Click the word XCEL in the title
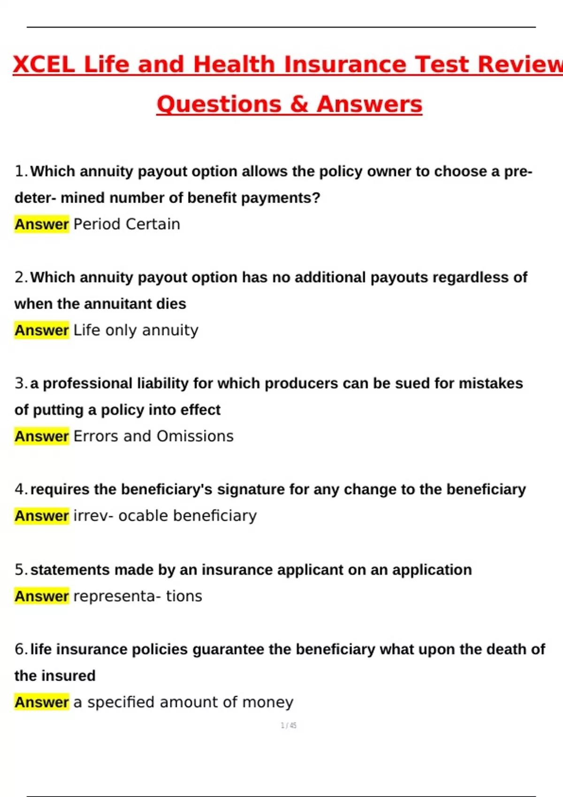coord(44,65)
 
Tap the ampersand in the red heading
coord(299,104)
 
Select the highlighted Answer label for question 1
coord(42,224)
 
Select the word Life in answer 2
coord(87,330)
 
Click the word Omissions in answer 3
coord(195,436)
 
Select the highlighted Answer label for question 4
coord(42,516)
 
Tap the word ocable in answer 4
coord(144,516)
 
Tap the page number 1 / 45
coord(289,726)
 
